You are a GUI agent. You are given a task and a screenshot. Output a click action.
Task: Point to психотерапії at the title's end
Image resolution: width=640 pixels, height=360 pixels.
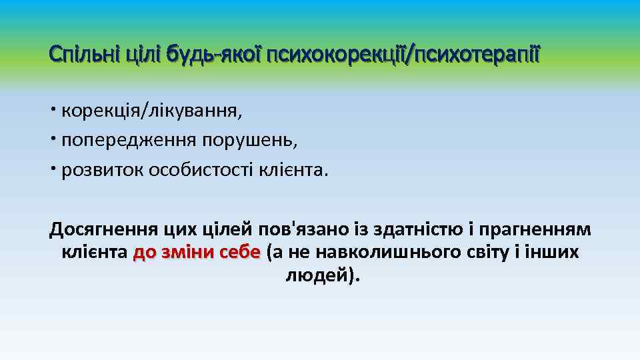[x=477, y=52]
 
